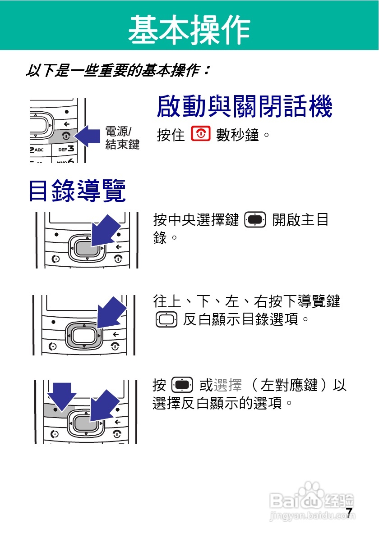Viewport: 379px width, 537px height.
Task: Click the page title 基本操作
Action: coord(189,30)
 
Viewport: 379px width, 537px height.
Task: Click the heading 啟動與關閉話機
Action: coord(244,107)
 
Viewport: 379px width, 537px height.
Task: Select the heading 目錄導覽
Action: coord(77,190)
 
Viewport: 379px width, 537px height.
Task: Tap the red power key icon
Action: coord(201,134)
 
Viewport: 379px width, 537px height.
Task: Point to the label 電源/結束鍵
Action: coord(122,138)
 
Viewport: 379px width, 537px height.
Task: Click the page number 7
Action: coord(349,512)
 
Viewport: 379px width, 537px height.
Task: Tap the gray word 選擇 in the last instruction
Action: coord(228,386)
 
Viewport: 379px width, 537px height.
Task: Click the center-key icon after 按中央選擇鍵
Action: coord(255,220)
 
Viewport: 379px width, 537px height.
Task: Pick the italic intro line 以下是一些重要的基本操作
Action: coord(118,71)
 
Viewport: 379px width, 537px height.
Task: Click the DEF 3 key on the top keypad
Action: coord(65,149)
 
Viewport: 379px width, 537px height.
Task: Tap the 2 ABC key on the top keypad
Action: coord(39,149)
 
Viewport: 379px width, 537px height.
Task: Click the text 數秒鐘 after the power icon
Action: coord(238,135)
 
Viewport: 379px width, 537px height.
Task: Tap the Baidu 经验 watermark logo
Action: coord(312,500)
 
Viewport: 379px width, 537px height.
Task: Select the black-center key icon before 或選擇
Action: coord(182,386)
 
